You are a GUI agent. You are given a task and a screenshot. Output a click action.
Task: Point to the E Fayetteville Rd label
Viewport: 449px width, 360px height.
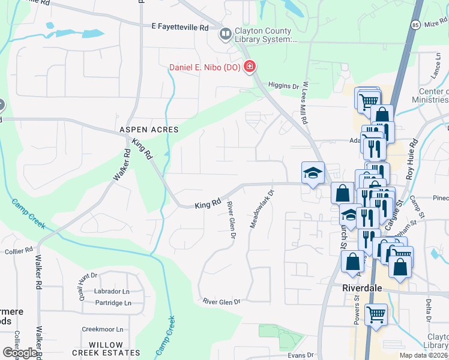(179, 27)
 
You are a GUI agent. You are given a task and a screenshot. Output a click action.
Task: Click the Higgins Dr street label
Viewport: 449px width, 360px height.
(283, 86)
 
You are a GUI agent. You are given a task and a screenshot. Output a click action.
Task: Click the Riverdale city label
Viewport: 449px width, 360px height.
(363, 287)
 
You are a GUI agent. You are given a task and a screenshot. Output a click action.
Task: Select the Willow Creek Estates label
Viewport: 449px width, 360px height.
(114, 353)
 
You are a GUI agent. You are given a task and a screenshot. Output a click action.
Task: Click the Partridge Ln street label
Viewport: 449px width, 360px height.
(111, 303)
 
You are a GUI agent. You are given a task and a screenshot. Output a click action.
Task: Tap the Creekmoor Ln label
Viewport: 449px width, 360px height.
(102, 329)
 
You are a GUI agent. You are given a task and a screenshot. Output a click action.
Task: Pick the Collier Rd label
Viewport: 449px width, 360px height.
(19, 251)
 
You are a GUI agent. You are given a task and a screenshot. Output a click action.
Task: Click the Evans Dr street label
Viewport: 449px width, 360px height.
(300, 355)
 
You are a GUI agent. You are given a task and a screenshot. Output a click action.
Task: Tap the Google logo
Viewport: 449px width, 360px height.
(20, 352)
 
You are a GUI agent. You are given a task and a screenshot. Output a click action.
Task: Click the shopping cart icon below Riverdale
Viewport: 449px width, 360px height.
(376, 314)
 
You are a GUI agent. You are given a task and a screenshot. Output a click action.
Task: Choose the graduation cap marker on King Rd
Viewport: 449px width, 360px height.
(313, 173)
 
